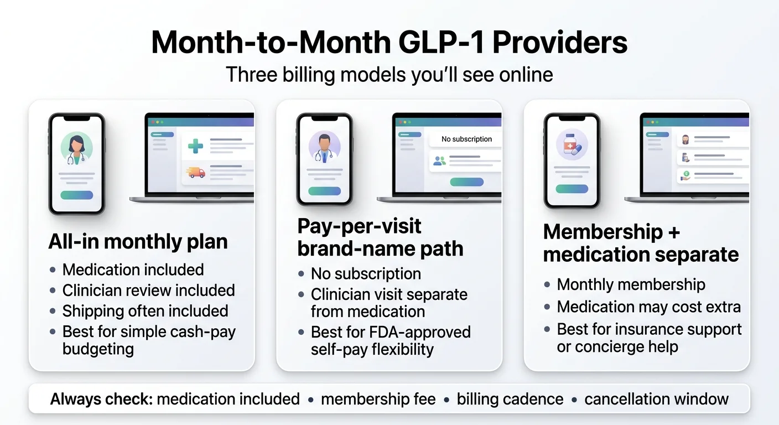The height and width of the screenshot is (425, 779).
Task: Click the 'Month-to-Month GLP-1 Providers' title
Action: click(389, 42)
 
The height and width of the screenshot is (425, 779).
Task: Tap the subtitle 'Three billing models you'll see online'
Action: click(389, 74)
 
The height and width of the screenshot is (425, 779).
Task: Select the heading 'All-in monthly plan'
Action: click(138, 241)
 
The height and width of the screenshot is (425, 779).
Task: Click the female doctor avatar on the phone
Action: click(76, 147)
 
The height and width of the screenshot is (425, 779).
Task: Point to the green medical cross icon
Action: click(195, 146)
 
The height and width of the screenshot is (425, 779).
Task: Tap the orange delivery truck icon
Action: click(196, 172)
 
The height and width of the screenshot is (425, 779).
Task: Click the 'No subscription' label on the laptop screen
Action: click(467, 139)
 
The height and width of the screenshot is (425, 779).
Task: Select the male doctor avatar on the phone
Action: click(324, 147)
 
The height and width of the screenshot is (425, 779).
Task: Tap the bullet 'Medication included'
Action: click(133, 269)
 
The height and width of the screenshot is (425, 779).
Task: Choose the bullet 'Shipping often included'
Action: click(146, 311)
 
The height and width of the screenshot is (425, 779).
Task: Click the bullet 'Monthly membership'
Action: click(631, 284)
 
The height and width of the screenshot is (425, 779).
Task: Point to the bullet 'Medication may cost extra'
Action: click(648, 307)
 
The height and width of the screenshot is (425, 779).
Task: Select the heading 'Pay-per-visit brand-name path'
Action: click(381, 237)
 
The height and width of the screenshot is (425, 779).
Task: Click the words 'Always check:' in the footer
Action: click(102, 399)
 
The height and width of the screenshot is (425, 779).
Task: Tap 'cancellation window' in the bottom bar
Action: click(656, 399)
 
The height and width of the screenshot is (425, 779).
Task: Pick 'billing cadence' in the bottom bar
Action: click(510, 399)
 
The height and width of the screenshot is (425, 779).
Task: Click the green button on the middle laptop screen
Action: click(467, 182)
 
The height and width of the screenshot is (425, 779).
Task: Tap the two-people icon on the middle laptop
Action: click(440, 161)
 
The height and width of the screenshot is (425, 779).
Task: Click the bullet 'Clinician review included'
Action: click(149, 291)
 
